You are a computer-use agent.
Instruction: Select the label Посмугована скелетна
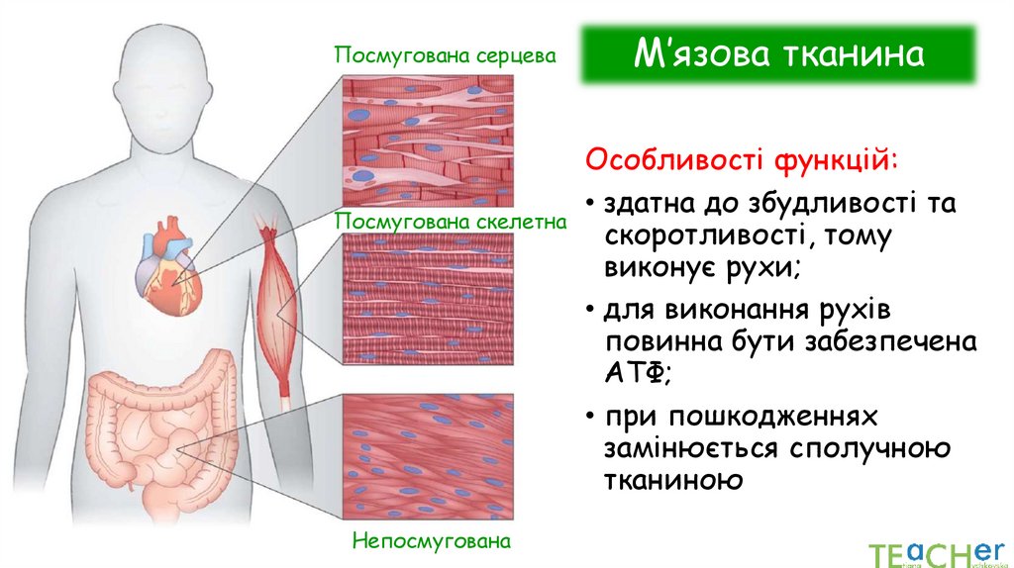click(x=451, y=220)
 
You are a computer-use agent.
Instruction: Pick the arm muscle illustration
click(x=277, y=307)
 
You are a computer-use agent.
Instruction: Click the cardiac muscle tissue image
click(x=428, y=139)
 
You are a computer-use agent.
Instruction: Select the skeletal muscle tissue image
click(x=428, y=301)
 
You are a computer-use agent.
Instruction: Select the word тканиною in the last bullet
click(x=671, y=480)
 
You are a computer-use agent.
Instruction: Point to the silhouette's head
click(x=173, y=84)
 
